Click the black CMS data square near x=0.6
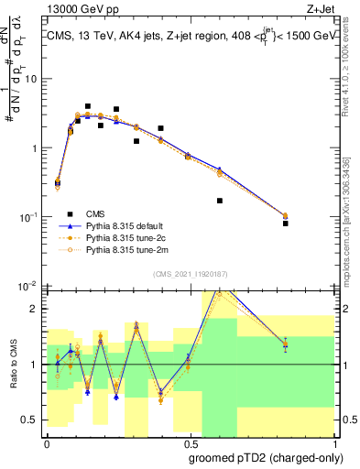pyautogui.click(x=220, y=201)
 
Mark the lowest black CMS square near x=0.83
pyautogui.click(x=286, y=224)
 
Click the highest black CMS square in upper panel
pyautogui.click(x=88, y=106)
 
